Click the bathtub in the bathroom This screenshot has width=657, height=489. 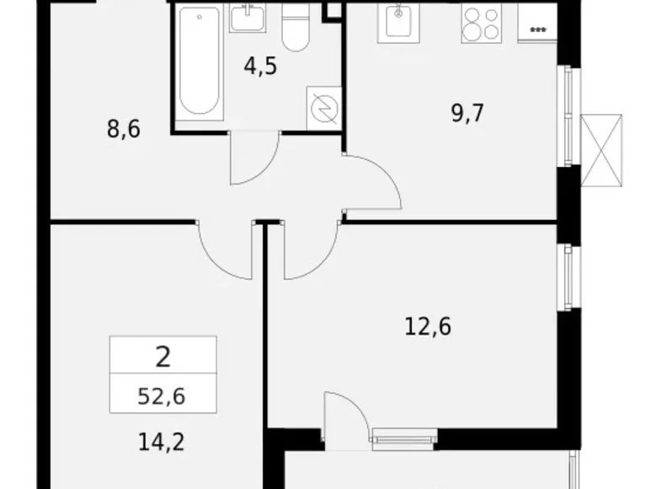coord(199,62)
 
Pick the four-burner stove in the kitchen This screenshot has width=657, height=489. coord(482,23)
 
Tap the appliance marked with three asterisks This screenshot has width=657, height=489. coord(537,27)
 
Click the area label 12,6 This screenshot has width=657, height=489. coord(429,325)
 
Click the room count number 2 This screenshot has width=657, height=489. coord(162,357)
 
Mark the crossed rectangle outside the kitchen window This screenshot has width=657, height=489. coord(604,149)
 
